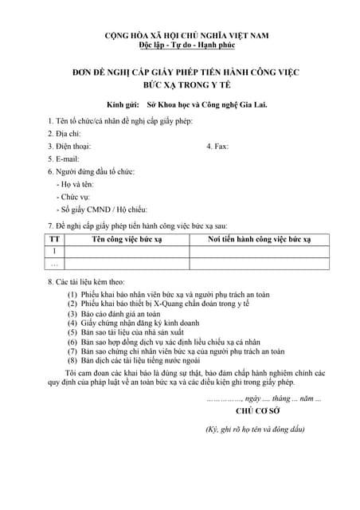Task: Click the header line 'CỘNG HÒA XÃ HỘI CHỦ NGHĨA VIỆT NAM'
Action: [x=188, y=37]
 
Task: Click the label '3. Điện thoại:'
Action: [x=69, y=146]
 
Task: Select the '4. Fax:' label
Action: [x=218, y=146]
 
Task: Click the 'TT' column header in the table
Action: [x=54, y=239]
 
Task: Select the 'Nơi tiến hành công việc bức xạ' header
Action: [x=259, y=239]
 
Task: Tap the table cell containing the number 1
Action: [x=54, y=251]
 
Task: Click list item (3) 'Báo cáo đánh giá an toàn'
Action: [x=120, y=314]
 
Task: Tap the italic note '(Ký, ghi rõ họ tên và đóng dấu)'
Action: [x=255, y=430]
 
